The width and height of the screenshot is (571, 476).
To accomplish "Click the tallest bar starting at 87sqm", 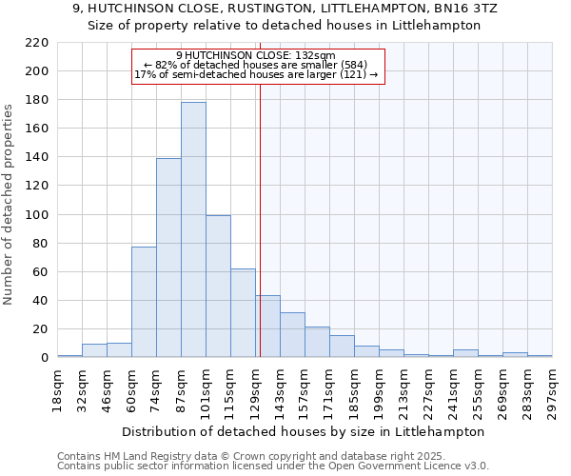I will click(x=193, y=229).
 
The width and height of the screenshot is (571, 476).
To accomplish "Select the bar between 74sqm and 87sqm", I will click(x=168, y=258).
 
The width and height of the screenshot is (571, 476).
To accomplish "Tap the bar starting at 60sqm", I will click(x=144, y=302).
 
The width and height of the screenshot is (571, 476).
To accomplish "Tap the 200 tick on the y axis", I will click(x=37, y=71).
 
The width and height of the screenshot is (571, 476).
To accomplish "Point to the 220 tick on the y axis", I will click(x=37, y=43).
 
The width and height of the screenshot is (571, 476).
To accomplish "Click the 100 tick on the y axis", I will click(x=37, y=215).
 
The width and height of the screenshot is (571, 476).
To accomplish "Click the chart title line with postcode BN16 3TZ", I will click(x=285, y=9).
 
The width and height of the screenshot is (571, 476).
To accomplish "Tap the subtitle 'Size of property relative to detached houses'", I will click(x=285, y=26).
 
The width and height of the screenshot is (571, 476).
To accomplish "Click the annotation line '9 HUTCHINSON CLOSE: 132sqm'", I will click(x=256, y=56).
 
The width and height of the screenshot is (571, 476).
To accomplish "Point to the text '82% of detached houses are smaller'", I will click(x=256, y=65).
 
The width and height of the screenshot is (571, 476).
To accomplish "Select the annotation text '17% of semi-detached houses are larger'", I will click(x=256, y=74).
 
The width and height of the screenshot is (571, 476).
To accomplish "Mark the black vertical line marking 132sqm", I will click(x=260, y=219).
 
